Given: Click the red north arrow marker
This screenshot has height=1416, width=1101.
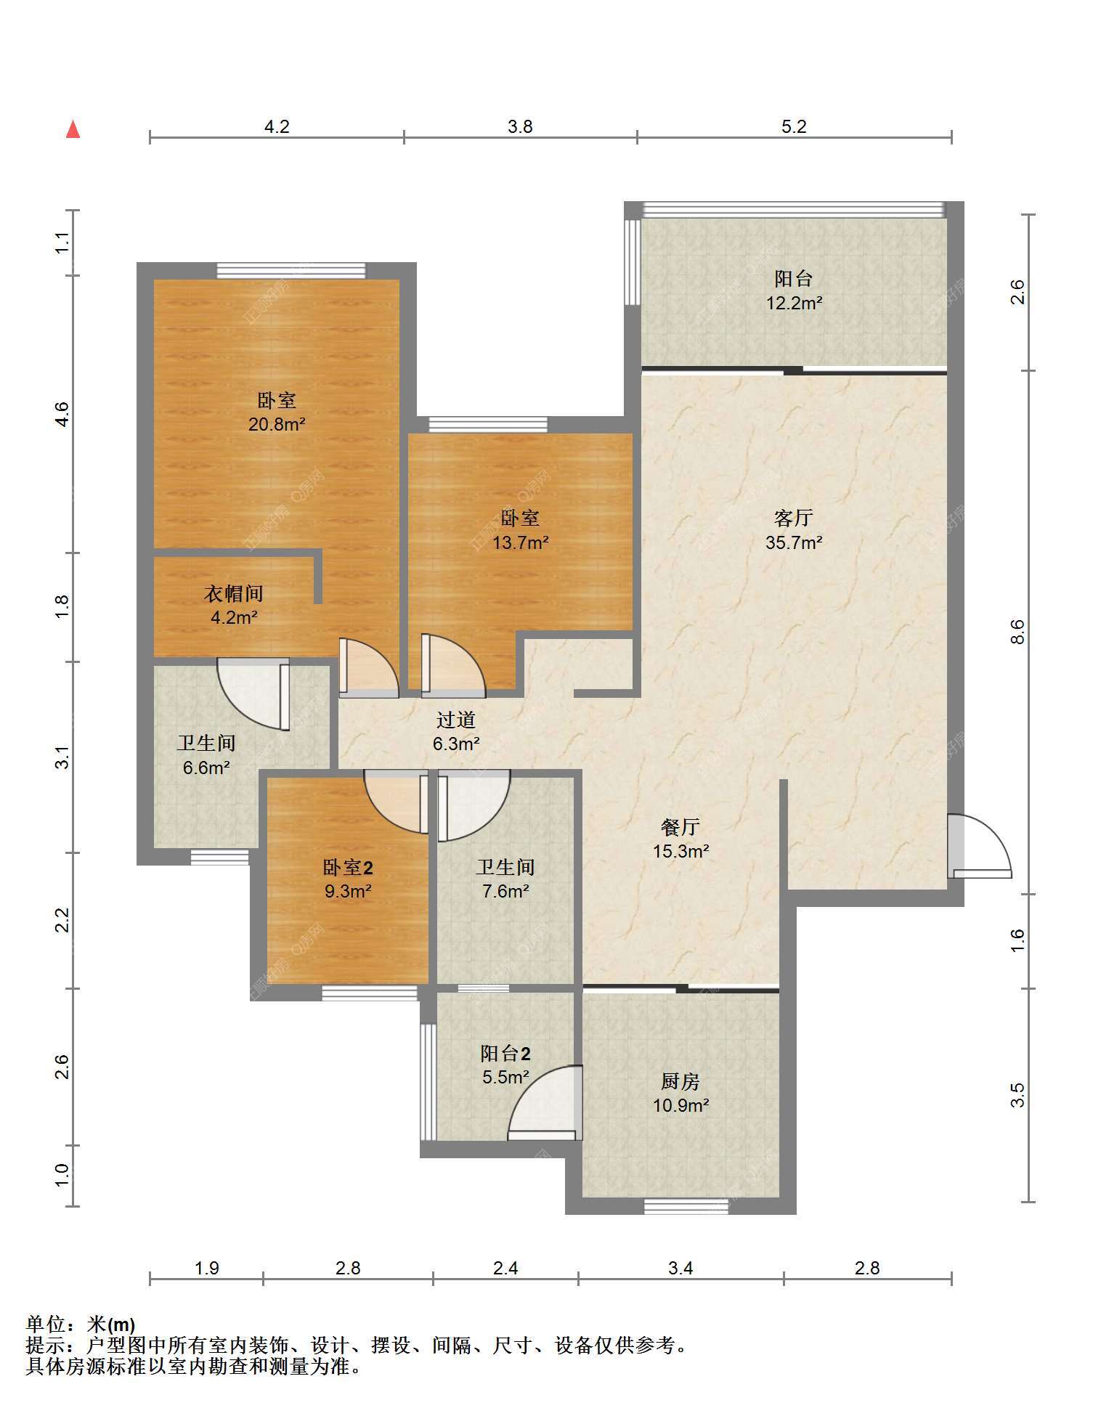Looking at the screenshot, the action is tap(73, 129).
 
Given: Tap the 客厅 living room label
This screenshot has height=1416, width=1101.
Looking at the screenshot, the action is tap(793, 518).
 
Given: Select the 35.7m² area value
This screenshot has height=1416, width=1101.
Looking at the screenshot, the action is tap(794, 542).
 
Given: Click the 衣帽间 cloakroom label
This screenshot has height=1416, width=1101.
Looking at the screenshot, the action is tap(233, 593).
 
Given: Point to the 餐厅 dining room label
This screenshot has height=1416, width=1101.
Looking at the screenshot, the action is tap(680, 826).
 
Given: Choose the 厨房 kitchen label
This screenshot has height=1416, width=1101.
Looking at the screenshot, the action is tap(680, 1081).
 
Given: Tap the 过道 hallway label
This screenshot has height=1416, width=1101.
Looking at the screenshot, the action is tap(456, 720).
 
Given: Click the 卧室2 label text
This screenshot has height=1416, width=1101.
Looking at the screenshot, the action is tap(348, 867).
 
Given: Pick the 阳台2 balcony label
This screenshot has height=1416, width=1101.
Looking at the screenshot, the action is tap(505, 1053).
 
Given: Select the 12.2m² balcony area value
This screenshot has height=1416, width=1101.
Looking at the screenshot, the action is tap(794, 302).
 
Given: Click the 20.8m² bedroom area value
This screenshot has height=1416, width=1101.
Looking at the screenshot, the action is tap(277, 424).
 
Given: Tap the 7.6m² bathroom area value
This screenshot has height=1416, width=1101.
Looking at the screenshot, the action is tap(505, 891).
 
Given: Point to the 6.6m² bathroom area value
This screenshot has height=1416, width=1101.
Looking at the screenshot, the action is tap(206, 767).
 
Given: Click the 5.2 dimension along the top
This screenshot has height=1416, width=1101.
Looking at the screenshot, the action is tap(794, 126).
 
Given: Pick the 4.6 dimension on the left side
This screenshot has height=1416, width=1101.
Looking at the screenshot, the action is tap(62, 414).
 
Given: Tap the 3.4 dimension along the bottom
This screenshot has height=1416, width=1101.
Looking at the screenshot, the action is tap(680, 1268).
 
